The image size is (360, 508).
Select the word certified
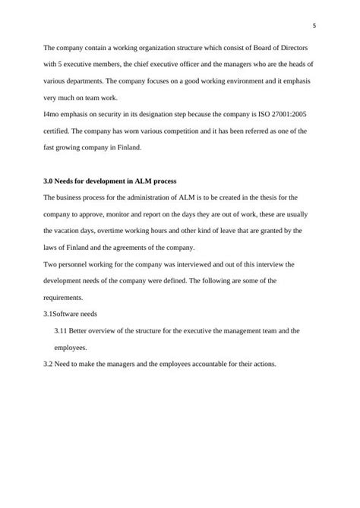pos(58,131)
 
